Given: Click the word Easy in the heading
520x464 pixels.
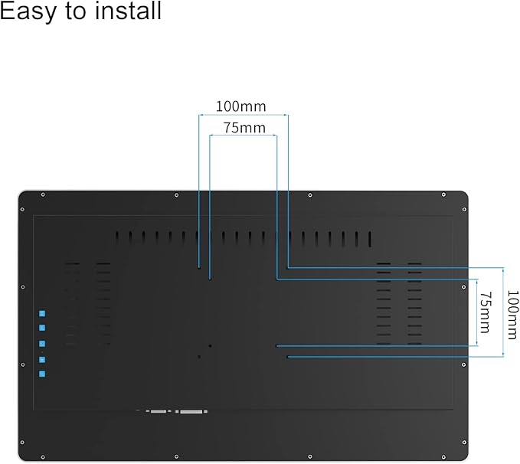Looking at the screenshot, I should pos(31,12).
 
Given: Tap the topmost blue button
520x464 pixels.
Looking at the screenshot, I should pos(42,314).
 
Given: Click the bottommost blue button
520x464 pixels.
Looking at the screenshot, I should pos(42,374).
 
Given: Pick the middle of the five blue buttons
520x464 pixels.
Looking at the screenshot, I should pos(42,344).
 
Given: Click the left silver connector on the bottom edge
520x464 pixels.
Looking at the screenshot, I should pos(159,412).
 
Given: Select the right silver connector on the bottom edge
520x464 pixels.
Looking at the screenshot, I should pos(191,412).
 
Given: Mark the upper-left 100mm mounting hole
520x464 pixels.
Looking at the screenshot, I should pos(199,268).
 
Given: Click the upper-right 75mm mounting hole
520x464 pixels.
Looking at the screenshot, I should pos(276,279).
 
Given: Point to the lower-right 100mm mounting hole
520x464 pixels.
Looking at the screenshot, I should pos(287,356).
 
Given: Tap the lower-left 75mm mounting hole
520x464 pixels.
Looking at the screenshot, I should pos(210,345).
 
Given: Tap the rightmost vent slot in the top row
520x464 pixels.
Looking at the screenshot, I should pos(370,239).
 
